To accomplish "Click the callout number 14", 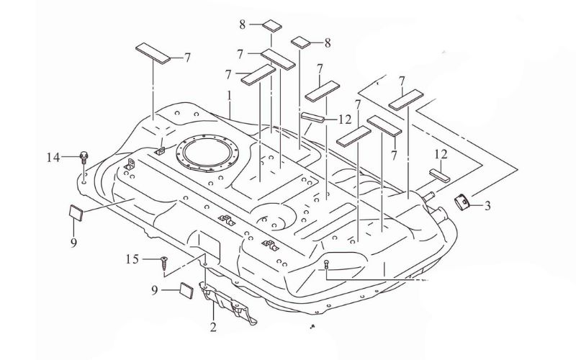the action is [x=53, y=158].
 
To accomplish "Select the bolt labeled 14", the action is [x=84, y=158].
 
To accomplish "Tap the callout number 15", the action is [x=132, y=259].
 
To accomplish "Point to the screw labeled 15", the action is [x=164, y=264].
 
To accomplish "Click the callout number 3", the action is [x=487, y=206].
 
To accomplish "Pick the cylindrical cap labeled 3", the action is [x=462, y=202].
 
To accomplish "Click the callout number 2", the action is [x=213, y=327].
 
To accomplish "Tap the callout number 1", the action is [x=229, y=96].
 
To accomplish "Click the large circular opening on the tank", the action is [x=207, y=152].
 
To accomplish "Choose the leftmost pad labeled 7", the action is [x=153, y=53].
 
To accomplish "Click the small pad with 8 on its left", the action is [x=272, y=26].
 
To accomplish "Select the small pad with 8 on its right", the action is [x=301, y=42].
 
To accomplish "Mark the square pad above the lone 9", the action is [x=76, y=212].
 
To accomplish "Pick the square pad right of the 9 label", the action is [x=186, y=291].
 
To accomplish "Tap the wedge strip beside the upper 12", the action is [x=313, y=117].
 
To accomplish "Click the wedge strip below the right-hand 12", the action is [x=440, y=175].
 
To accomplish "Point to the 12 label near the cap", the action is [x=441, y=155].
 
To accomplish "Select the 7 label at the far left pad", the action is [x=187, y=58].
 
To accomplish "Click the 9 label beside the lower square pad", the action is [x=155, y=290].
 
